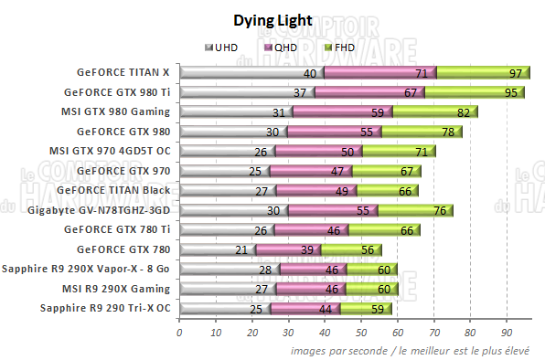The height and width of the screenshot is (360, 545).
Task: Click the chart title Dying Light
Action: tap(272, 20)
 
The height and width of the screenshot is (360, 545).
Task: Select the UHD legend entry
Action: tap(225, 47)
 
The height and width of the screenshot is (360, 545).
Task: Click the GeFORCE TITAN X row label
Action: tap(124, 72)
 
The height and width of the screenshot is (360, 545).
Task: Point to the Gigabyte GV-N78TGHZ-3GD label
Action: tap(100, 210)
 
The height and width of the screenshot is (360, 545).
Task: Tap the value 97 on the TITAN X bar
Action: tap(515, 73)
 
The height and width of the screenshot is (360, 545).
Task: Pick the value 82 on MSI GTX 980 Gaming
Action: tap(464, 112)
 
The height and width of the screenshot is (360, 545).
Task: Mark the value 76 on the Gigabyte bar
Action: tap(439, 210)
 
